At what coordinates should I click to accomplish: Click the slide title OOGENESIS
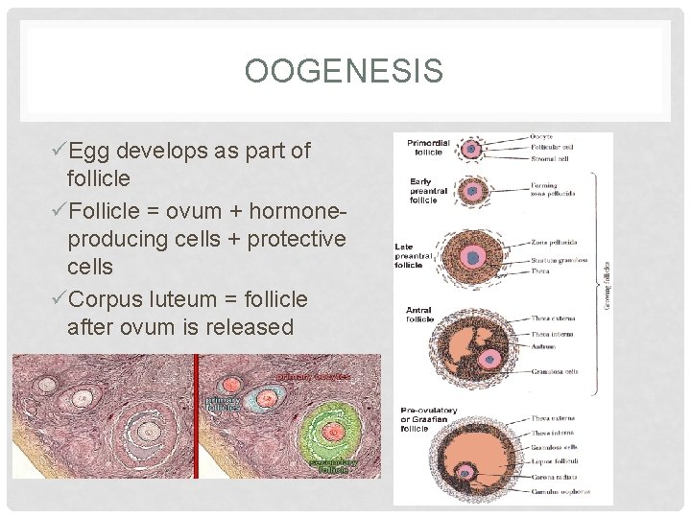pos(344,71)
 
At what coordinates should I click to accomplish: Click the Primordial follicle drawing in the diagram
pos(470,149)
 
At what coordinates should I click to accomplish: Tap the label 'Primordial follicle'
pos(428,146)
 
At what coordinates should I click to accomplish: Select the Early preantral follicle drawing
pos(471,191)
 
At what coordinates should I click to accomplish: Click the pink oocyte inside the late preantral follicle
pos(472,256)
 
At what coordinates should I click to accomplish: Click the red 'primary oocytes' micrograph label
pos(314,377)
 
